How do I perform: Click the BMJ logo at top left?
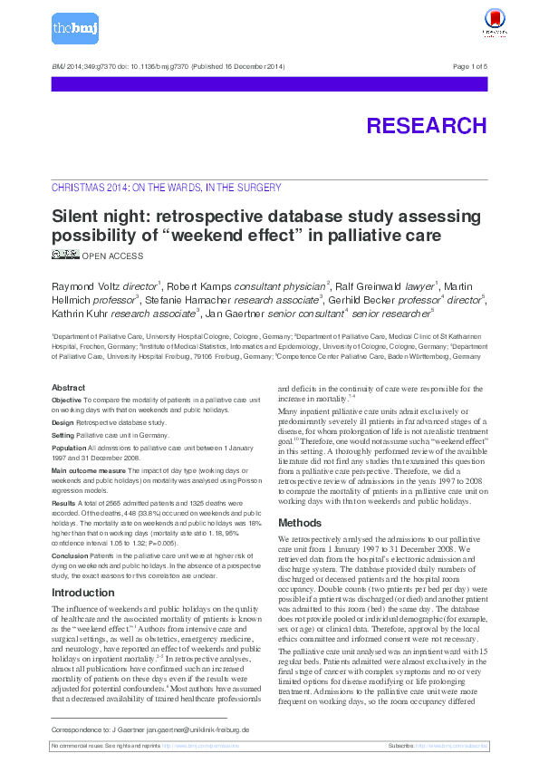click(x=73, y=29)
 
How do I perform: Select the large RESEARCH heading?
click(x=426, y=126)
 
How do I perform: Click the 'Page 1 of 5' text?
click(x=469, y=67)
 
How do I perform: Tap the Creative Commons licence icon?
click(x=65, y=255)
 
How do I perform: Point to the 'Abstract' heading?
click(x=68, y=388)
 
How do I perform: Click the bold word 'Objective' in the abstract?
click(x=66, y=399)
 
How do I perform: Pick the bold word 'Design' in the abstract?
click(x=63, y=422)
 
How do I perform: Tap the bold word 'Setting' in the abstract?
click(x=63, y=435)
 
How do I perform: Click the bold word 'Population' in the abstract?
click(x=70, y=448)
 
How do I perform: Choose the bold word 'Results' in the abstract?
click(x=63, y=501)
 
